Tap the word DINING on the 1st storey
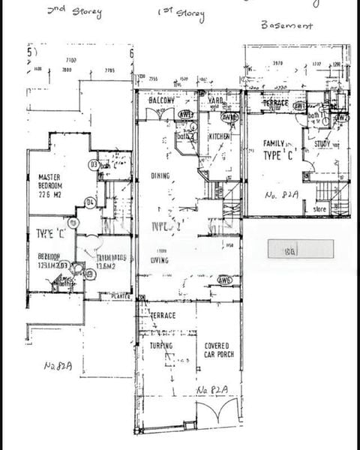(x=160, y=176)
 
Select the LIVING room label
(x=160, y=261)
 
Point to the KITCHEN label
(x=219, y=137)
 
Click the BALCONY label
(x=161, y=100)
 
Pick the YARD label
(x=216, y=100)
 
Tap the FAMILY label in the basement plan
(x=277, y=142)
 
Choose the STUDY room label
(x=323, y=144)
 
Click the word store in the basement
(x=320, y=209)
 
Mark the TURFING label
(x=160, y=346)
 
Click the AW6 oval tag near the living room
(x=224, y=279)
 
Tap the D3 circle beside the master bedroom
(x=94, y=164)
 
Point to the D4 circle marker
(x=89, y=202)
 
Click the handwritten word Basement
(x=286, y=24)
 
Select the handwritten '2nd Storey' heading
(x=74, y=11)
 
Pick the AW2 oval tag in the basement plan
(x=341, y=118)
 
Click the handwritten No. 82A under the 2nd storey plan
(x=58, y=366)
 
